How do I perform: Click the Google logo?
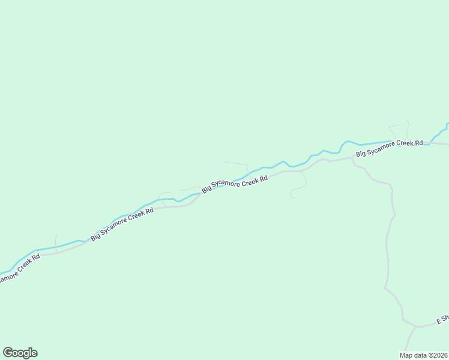(20, 353)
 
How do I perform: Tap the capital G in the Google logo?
(8, 353)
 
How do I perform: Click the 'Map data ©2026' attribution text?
(423, 355)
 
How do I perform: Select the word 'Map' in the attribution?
(406, 355)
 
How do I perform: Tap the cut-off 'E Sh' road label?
(442, 319)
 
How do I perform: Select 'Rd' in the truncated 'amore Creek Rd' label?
(36, 257)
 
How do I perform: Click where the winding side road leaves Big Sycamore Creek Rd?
(352, 160)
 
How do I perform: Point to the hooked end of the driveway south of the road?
(292, 196)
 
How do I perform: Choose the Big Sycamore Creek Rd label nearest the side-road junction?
(389, 149)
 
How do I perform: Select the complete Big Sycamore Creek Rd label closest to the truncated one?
(122, 224)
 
